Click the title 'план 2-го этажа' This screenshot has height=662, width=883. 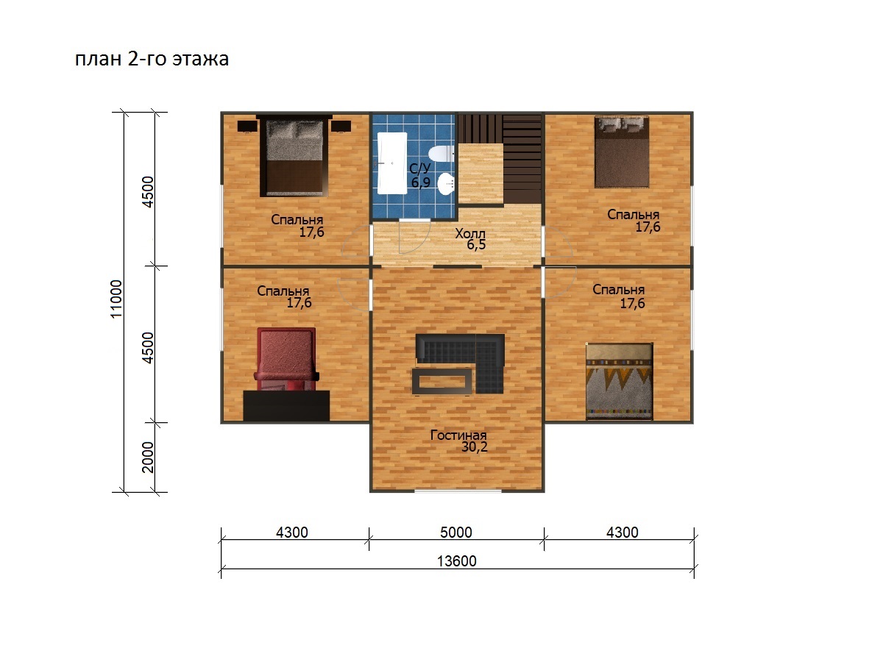[152, 59]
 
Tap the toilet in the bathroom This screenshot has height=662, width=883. [441, 154]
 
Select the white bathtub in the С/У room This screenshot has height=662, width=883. [391, 163]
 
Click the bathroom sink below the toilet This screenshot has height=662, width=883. [446, 184]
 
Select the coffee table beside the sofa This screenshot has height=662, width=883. [442, 380]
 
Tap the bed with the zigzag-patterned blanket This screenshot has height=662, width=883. [619, 382]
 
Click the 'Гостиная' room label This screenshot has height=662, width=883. [458, 435]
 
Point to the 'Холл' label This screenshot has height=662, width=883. [470, 233]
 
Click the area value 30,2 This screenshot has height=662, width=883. [475, 447]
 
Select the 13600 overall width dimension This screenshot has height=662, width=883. [457, 561]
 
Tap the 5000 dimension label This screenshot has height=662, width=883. [455, 533]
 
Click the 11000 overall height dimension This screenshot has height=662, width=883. [116, 299]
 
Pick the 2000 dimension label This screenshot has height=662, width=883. [148, 458]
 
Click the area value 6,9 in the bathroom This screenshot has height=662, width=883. [421, 182]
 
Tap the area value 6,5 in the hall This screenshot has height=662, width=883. [476, 244]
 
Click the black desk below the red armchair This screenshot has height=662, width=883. [286, 405]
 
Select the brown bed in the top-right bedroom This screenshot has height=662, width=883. [622, 152]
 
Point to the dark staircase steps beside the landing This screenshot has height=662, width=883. [522, 159]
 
